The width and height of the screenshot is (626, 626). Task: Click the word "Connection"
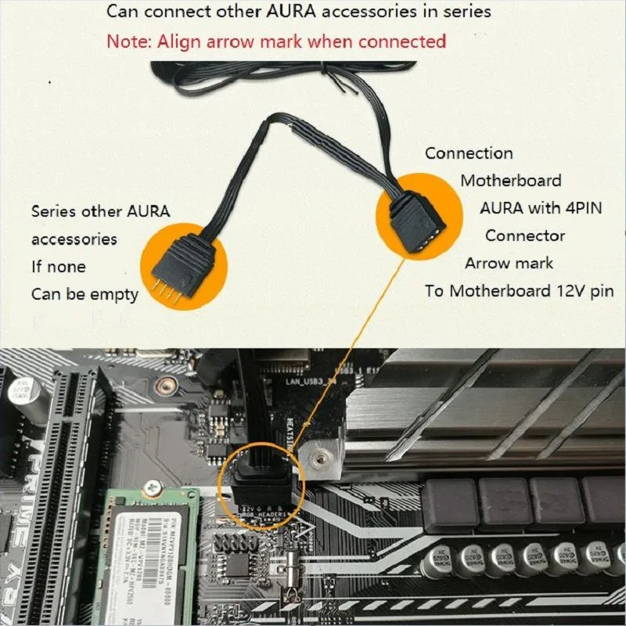tap(469, 153)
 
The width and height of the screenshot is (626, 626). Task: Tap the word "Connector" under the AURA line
tap(525, 236)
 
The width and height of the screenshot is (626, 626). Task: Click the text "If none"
tap(59, 267)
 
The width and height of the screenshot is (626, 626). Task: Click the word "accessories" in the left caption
tap(74, 239)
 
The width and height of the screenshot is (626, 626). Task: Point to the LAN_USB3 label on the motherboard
tap(311, 380)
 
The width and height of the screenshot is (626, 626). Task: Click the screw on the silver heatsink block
tap(322, 456)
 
